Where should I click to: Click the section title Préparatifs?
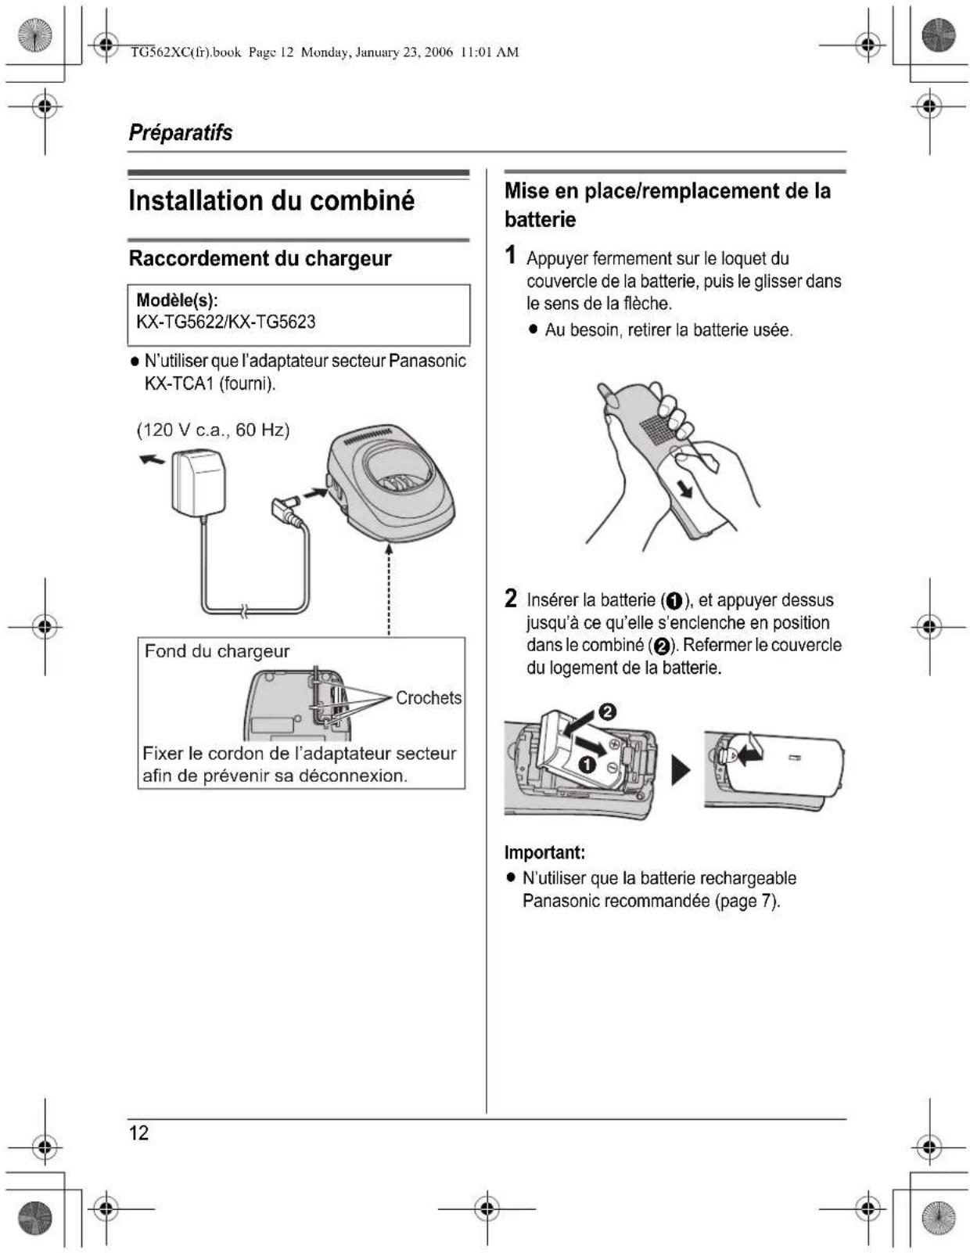point(181,132)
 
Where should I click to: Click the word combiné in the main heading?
point(362,201)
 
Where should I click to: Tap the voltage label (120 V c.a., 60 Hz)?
point(213,430)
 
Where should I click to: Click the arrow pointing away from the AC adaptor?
point(152,459)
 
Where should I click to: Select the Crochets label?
point(428,697)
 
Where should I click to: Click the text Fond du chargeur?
point(217,651)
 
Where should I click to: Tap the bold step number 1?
point(510,255)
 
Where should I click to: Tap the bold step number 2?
point(511,599)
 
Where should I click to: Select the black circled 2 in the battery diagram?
point(606,711)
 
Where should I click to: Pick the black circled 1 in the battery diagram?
point(587,765)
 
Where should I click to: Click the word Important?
point(544,852)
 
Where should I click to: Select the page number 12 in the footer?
point(139,1132)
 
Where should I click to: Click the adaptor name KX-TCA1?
point(179,383)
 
